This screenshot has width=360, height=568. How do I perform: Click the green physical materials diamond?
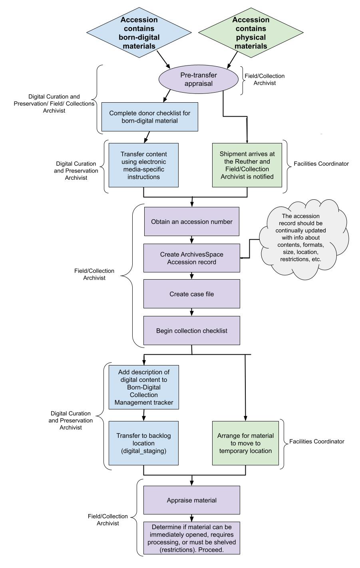(x=251, y=33)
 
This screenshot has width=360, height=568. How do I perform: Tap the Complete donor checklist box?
(x=149, y=117)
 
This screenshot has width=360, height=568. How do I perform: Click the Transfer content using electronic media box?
(x=143, y=165)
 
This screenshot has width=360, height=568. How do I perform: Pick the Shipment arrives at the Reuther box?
(x=247, y=165)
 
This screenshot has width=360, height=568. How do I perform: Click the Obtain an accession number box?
(x=191, y=222)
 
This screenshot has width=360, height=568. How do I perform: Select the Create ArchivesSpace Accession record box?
(x=191, y=258)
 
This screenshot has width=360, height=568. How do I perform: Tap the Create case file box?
(x=191, y=294)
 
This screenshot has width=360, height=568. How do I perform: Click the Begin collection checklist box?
(x=191, y=331)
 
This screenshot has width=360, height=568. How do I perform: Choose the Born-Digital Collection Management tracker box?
(x=143, y=387)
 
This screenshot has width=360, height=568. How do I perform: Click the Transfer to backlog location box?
(x=143, y=443)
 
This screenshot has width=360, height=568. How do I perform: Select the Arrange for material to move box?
(x=245, y=443)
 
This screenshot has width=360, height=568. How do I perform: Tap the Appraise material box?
(x=191, y=500)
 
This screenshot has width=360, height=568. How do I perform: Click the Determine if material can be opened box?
(x=191, y=538)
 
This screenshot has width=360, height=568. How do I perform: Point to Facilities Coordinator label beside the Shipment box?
(x=321, y=164)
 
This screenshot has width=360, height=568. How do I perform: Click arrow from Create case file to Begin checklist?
(x=192, y=312)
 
